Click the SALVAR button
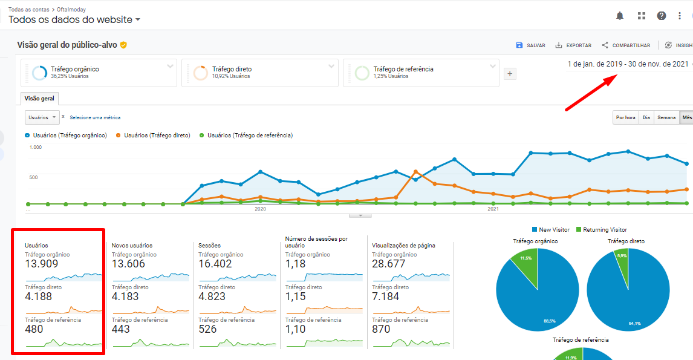coord(530,45)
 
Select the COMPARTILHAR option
coord(626,45)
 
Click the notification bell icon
coord(620,16)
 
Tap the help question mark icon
coord(662,16)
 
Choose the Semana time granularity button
coord(666,117)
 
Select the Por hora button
coord(625,117)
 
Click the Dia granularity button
coord(646,117)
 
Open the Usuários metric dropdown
coord(42,117)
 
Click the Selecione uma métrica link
coord(95,117)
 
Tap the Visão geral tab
coord(39,99)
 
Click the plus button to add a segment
coord(510,74)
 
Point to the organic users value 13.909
coord(42,264)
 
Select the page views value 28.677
coord(388,264)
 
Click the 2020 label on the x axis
coord(260,209)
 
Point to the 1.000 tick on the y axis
coord(35,147)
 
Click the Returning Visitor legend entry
coord(601,230)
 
